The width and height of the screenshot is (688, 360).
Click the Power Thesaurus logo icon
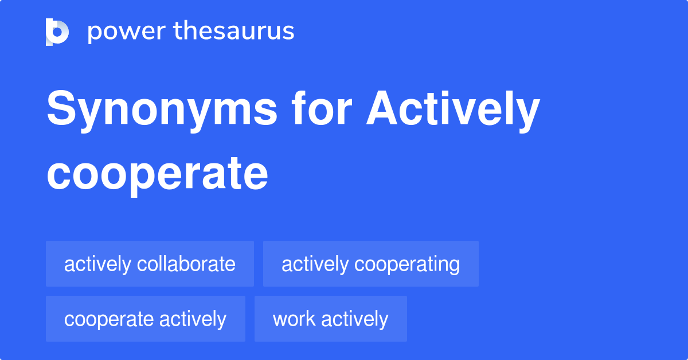(x=57, y=32)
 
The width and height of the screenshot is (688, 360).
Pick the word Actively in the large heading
(x=453, y=110)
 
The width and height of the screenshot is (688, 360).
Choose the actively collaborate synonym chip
(x=150, y=264)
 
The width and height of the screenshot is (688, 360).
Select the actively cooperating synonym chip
(x=370, y=264)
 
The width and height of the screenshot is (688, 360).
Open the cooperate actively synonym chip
(x=145, y=319)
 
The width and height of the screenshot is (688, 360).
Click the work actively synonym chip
(x=330, y=319)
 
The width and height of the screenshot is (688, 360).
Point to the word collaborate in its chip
(x=186, y=264)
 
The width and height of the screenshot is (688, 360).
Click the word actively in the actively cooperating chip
(x=315, y=264)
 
